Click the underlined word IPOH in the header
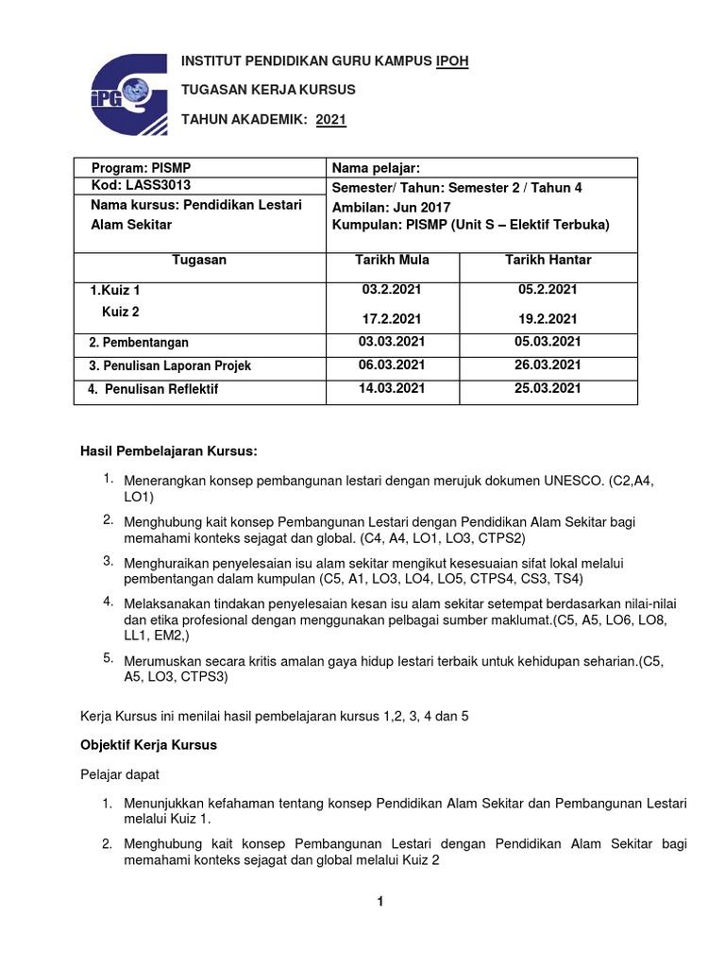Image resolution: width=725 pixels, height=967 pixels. pyautogui.click(x=451, y=61)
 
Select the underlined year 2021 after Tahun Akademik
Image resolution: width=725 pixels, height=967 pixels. pyautogui.click(x=331, y=119)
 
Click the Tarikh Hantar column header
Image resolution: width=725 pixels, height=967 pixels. pyautogui.click(x=548, y=260)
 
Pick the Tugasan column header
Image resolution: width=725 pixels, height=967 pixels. pyautogui.click(x=199, y=260)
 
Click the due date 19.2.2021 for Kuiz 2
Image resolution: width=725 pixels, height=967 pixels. pyautogui.click(x=548, y=319)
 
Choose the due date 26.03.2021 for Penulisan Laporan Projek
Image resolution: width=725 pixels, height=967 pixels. pyautogui.click(x=548, y=365)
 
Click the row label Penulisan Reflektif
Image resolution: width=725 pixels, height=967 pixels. pyautogui.click(x=160, y=389)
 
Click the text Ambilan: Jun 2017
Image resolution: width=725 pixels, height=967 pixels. pyautogui.click(x=392, y=207)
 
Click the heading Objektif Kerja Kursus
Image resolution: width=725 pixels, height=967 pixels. pyautogui.click(x=148, y=745)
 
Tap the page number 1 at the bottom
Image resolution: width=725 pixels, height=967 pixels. pyautogui.click(x=379, y=902)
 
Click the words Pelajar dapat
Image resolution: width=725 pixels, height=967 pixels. pyautogui.click(x=119, y=774)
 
